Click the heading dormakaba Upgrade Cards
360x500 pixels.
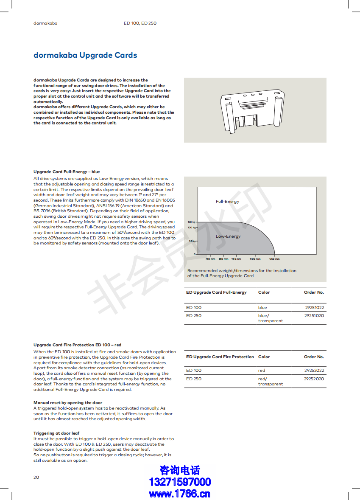[85, 55]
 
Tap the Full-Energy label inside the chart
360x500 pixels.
[227, 202]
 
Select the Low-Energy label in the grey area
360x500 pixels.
[228, 236]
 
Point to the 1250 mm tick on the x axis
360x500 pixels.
[274, 258]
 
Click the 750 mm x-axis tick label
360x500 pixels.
[210, 258]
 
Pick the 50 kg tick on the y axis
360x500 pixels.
[191, 241]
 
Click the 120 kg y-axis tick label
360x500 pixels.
[191, 222]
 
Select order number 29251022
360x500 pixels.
[314, 307]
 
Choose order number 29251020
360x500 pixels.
[314, 316]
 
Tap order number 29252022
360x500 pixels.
[314, 371]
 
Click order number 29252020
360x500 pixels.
[314, 379]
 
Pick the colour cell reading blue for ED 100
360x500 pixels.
[262, 307]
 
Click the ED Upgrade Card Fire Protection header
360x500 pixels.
[220, 357]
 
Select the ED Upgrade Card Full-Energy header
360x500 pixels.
[216, 292]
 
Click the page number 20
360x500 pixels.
[36, 477]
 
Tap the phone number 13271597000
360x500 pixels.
[180, 482]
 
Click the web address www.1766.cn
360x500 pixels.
[180, 493]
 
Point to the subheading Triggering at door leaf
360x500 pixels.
[56, 433]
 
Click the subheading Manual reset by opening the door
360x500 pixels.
[68, 403]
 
